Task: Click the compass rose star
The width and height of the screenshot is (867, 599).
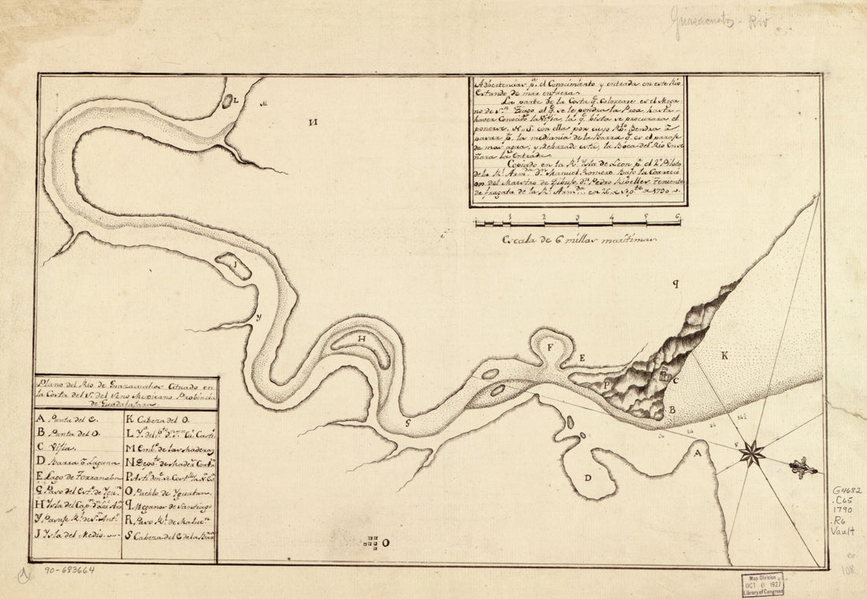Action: (x=753, y=452)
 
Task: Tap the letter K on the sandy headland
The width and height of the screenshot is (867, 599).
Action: (x=724, y=355)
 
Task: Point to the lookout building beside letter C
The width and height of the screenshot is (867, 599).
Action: (x=664, y=376)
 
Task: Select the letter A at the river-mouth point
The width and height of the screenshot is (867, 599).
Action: (x=696, y=453)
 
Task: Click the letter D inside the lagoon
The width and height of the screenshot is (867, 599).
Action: (x=587, y=478)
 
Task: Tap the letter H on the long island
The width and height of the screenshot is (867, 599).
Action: (x=362, y=340)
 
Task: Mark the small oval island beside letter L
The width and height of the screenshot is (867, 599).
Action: (x=228, y=101)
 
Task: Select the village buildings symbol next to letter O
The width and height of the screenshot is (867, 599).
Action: (x=374, y=541)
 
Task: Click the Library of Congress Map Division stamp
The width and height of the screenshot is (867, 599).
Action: (x=762, y=584)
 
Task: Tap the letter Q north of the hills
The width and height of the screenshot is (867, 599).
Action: (x=675, y=281)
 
